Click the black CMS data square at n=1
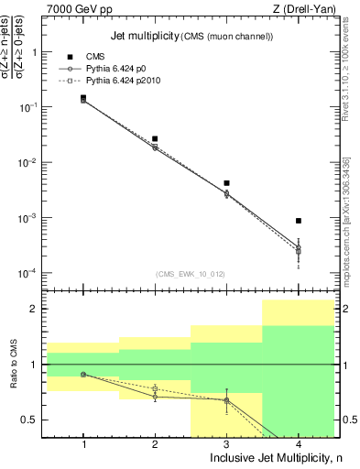pyautogui.click(x=83, y=97)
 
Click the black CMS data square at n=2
pyautogui.click(x=155, y=138)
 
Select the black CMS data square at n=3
pyautogui.click(x=226, y=183)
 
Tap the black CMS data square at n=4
pyautogui.click(x=298, y=221)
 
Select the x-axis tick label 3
pyautogui.click(x=226, y=443)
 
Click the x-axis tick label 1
pyautogui.click(x=83, y=443)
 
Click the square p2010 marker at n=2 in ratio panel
pyautogui.click(x=155, y=388)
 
